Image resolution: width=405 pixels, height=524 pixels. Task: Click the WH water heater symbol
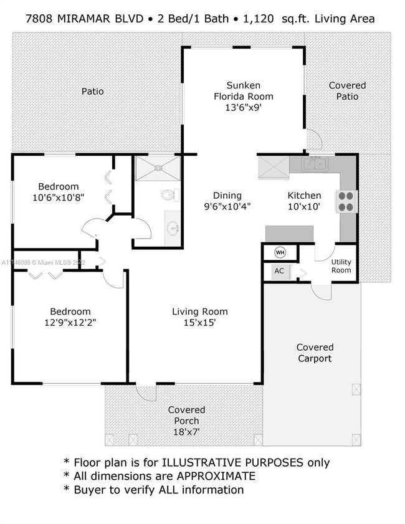pos(280,252)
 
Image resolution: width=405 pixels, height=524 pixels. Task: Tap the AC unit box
pos(279,272)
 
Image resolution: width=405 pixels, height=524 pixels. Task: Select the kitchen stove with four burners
pos(345,201)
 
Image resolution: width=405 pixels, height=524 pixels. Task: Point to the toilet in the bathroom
pos(167,194)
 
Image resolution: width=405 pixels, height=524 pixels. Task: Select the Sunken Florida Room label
pos(243,90)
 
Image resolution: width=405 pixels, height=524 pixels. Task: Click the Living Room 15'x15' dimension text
pos(200,323)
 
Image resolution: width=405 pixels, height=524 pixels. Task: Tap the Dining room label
pos(227,195)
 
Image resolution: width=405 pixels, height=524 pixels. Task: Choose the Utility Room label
pos(341,266)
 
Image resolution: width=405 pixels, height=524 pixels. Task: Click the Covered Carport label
pos(315,353)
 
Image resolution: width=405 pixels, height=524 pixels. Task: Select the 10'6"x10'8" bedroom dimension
pos(58,198)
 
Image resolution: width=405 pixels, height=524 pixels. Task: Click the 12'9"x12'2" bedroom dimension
pos(70,323)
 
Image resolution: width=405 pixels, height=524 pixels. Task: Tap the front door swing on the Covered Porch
pos(146,392)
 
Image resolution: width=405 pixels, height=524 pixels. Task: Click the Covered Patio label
pos(347,90)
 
